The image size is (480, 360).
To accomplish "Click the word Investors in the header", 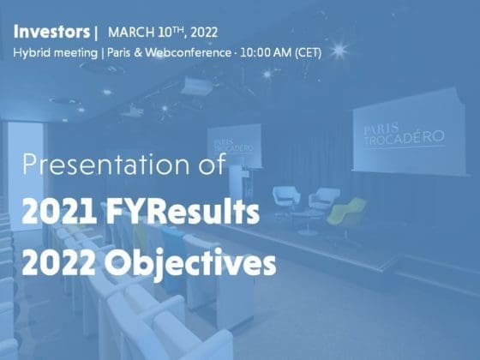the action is [51, 32].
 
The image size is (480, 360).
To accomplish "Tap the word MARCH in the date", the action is [131, 33].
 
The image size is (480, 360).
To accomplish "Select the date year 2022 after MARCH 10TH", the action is [204, 33].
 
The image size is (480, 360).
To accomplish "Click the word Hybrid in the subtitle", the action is [32, 53].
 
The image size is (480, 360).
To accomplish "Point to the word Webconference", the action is [189, 52].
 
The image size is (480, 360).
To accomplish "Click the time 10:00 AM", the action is [266, 52].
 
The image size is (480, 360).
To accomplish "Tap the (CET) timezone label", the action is [308, 53].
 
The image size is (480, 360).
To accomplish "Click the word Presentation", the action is [106, 165].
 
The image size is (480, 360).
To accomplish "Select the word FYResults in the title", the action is [183, 212].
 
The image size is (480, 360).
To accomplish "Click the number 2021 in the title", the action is [60, 212].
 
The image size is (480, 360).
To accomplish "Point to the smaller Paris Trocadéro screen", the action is [234, 146].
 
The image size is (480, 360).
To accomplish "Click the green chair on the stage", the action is [347, 212].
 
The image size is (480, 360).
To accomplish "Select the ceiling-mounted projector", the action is [197, 87].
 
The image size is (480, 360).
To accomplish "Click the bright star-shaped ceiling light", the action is [339, 51].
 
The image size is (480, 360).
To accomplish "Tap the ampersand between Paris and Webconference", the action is [138, 53].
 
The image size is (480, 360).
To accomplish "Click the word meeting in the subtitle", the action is [75, 53].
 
